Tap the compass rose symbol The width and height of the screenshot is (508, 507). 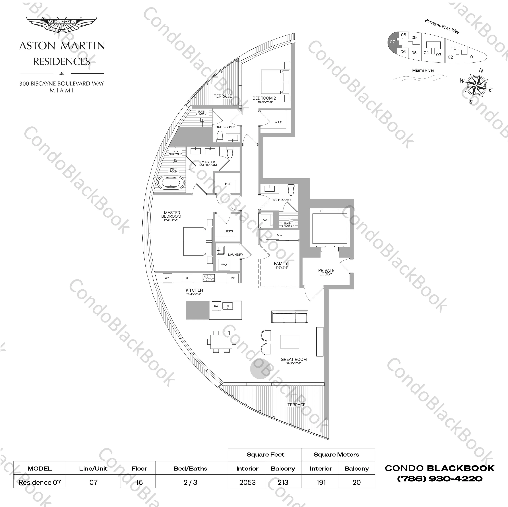[x=476, y=85]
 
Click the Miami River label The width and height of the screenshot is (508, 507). [x=423, y=70]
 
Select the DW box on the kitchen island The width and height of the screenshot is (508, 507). [x=216, y=306]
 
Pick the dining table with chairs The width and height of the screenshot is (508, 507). [x=219, y=341]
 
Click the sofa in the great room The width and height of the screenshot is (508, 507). [x=290, y=317]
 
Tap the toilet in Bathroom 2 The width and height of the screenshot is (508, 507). [x=220, y=137]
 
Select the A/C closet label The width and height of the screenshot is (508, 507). [x=266, y=220]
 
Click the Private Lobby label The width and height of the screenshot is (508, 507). [x=326, y=272]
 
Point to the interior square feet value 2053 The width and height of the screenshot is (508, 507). [x=247, y=483]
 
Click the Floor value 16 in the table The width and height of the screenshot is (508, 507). [x=139, y=483]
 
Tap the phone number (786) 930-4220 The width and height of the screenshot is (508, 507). [x=440, y=479]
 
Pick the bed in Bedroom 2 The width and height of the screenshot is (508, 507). [x=275, y=82]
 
